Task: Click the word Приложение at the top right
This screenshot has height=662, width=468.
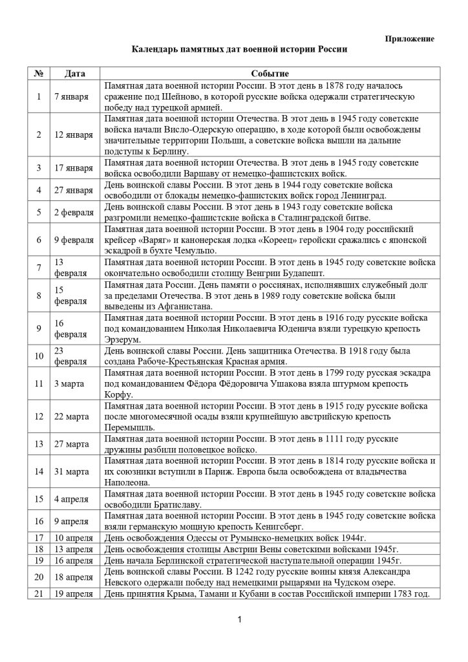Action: tap(410, 39)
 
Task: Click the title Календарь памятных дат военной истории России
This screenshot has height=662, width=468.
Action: tap(240, 49)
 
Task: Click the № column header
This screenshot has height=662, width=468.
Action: tap(38, 74)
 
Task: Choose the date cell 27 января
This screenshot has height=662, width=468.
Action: tap(73, 190)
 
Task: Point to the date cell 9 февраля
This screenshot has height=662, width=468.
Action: tap(73, 240)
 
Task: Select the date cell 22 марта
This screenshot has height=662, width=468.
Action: tap(71, 416)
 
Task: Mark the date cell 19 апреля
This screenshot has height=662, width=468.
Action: tap(74, 594)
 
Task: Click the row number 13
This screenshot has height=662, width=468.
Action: tap(39, 444)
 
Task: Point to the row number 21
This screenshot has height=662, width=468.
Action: tap(39, 594)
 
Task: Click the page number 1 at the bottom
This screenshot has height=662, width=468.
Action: tap(239, 621)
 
